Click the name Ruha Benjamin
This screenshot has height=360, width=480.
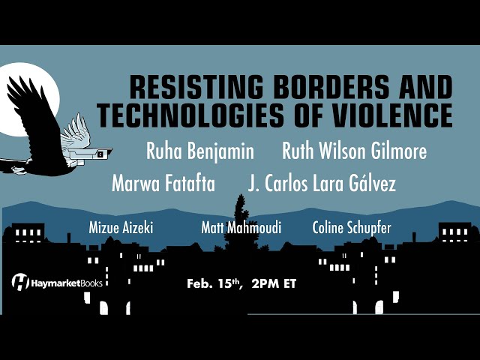coord(200,151)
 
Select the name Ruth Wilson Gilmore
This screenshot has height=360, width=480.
coord(355,151)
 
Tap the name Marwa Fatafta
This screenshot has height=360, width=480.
coord(163,183)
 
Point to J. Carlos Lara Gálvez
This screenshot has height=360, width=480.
coord(322,183)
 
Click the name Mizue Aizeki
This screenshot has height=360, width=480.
coord(121,228)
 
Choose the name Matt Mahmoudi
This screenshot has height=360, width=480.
coord(241,228)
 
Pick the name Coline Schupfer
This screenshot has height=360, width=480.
coord(352,228)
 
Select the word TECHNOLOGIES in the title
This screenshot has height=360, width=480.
coord(190,115)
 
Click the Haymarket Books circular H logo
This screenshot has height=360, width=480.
coord(20,281)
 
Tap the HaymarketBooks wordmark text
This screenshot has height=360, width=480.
coord(67,283)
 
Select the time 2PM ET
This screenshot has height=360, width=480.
coord(274,283)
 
